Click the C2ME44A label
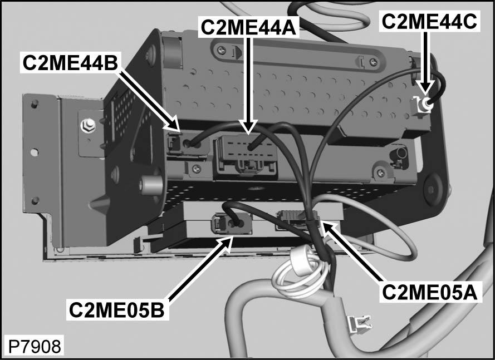tap(248, 27)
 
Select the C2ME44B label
tap(70, 63)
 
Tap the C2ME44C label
tap(429, 22)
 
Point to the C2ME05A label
tap(430, 292)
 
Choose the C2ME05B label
tap(117, 310)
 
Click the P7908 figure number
tap(35, 347)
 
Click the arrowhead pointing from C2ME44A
tap(249, 127)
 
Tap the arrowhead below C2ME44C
tap(426, 88)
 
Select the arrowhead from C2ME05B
tap(228, 243)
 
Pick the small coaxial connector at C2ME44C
tap(423, 106)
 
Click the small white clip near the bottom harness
tap(359, 323)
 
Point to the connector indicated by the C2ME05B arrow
tap(232, 223)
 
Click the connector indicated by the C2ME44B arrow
tap(187, 144)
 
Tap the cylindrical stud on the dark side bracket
tap(151, 185)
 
